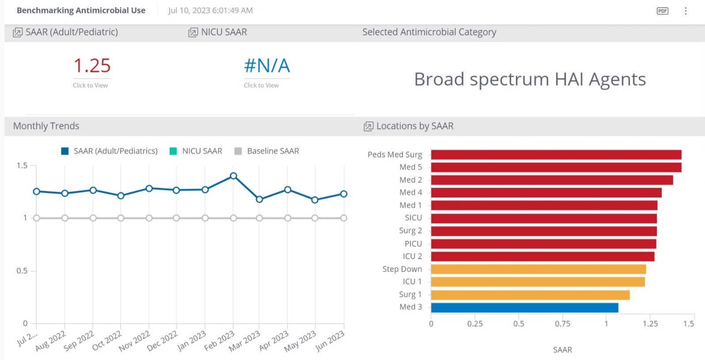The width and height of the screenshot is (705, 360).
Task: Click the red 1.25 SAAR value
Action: [x=92, y=66]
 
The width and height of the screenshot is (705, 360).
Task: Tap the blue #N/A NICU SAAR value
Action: [x=267, y=66]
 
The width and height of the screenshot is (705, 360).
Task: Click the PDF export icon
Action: [x=662, y=11]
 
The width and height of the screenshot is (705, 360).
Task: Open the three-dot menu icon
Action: [x=686, y=11]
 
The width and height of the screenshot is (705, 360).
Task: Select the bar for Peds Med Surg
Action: [x=556, y=155]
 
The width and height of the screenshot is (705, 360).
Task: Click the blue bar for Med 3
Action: [x=524, y=307]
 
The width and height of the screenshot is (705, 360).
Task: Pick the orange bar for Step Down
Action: [x=538, y=269]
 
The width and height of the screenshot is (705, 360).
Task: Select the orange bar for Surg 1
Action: [x=530, y=295]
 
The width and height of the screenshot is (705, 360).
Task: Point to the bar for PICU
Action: [x=543, y=244]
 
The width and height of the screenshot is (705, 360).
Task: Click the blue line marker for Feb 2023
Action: [x=234, y=176]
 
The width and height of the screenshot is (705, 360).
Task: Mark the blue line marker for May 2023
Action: [x=315, y=200]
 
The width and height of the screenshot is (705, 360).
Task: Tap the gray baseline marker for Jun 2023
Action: [x=344, y=218]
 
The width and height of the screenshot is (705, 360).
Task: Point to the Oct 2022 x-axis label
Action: [x=106, y=341]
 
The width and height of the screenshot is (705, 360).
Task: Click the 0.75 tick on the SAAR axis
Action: [x=562, y=324]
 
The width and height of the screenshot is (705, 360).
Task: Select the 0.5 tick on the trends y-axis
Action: [x=22, y=271]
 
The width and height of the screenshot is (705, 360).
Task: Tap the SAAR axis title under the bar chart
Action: [x=562, y=350]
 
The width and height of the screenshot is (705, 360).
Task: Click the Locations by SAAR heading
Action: [x=414, y=126]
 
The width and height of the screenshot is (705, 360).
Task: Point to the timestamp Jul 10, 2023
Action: [x=210, y=11]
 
